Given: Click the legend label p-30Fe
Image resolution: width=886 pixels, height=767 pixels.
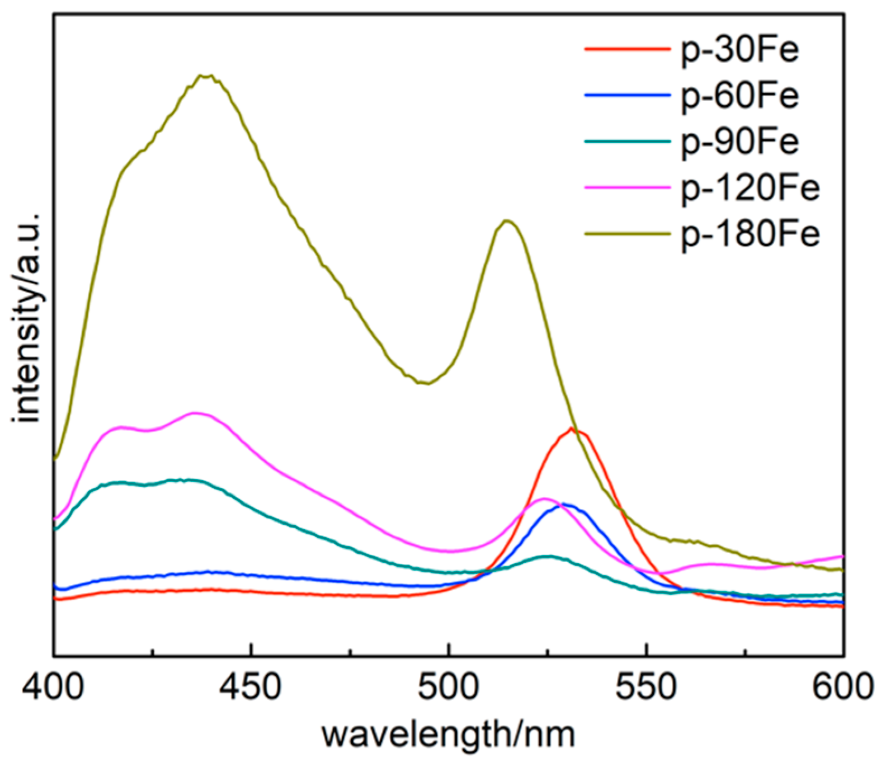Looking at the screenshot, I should click(739, 50).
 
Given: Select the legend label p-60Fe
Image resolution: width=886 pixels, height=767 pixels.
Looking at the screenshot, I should click(739, 96).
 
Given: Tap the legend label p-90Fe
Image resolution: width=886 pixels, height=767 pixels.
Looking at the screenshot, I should click(739, 142).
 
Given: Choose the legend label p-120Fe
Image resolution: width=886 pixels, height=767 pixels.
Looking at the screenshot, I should click(750, 188).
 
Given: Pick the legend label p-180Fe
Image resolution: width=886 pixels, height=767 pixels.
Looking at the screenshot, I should click(750, 234).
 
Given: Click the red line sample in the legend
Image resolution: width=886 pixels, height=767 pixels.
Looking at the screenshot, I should click(627, 49).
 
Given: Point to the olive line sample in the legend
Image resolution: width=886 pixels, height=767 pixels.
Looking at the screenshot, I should click(627, 233).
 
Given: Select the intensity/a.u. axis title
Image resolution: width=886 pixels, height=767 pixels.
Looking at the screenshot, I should click(28, 318).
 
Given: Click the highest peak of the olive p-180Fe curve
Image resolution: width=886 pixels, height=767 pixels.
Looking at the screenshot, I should click(205, 76).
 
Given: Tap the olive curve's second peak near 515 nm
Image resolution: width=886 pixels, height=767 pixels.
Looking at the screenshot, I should click(507, 220).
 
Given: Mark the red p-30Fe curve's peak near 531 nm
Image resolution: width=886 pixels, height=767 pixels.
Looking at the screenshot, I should click(572, 429).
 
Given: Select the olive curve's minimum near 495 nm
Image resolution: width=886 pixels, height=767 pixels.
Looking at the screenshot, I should click(426, 383).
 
